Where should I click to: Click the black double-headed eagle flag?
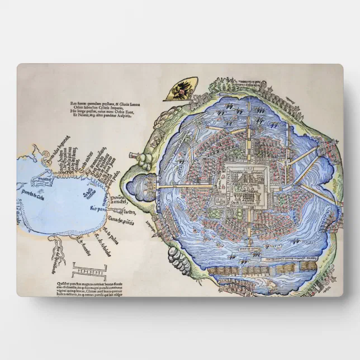(x=180, y=90)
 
